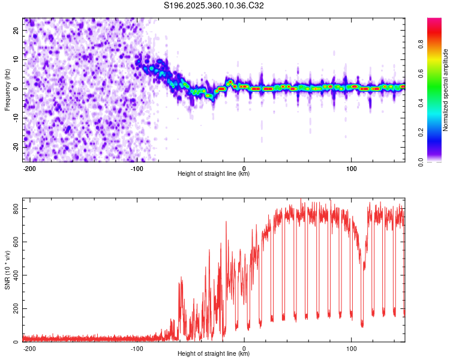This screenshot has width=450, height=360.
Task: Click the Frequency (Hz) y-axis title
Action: pyautogui.click(x=7, y=90)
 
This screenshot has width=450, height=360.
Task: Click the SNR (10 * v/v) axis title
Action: pyautogui.click(x=7, y=271)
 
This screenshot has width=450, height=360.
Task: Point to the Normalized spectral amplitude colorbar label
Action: pyautogui.click(x=446, y=90)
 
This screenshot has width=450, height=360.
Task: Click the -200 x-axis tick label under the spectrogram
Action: pyautogui.click(x=29, y=167)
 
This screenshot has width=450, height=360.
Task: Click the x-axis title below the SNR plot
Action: pyautogui.click(x=214, y=354)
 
